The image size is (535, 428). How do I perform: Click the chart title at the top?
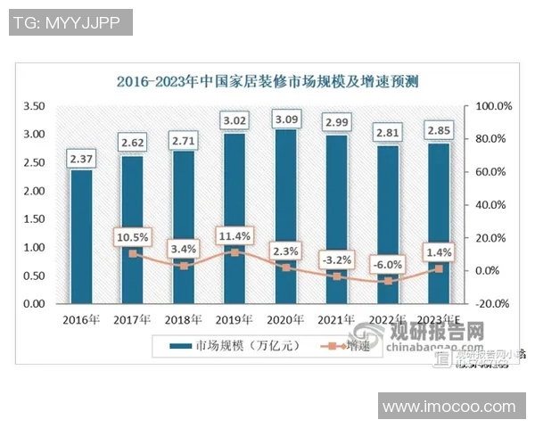[x=268, y=81]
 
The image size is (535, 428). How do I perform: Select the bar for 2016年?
[x=81, y=236]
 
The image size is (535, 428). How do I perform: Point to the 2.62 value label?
[x=132, y=142]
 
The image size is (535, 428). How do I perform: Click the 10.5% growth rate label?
[x=132, y=237]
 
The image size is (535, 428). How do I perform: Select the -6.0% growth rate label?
[x=388, y=264]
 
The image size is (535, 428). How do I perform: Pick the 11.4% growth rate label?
[x=235, y=235]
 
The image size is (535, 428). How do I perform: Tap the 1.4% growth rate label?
[x=439, y=253]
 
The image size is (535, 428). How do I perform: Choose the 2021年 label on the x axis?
[x=337, y=318]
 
